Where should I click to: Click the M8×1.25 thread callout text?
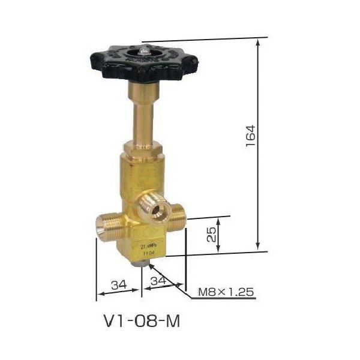[227, 292]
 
